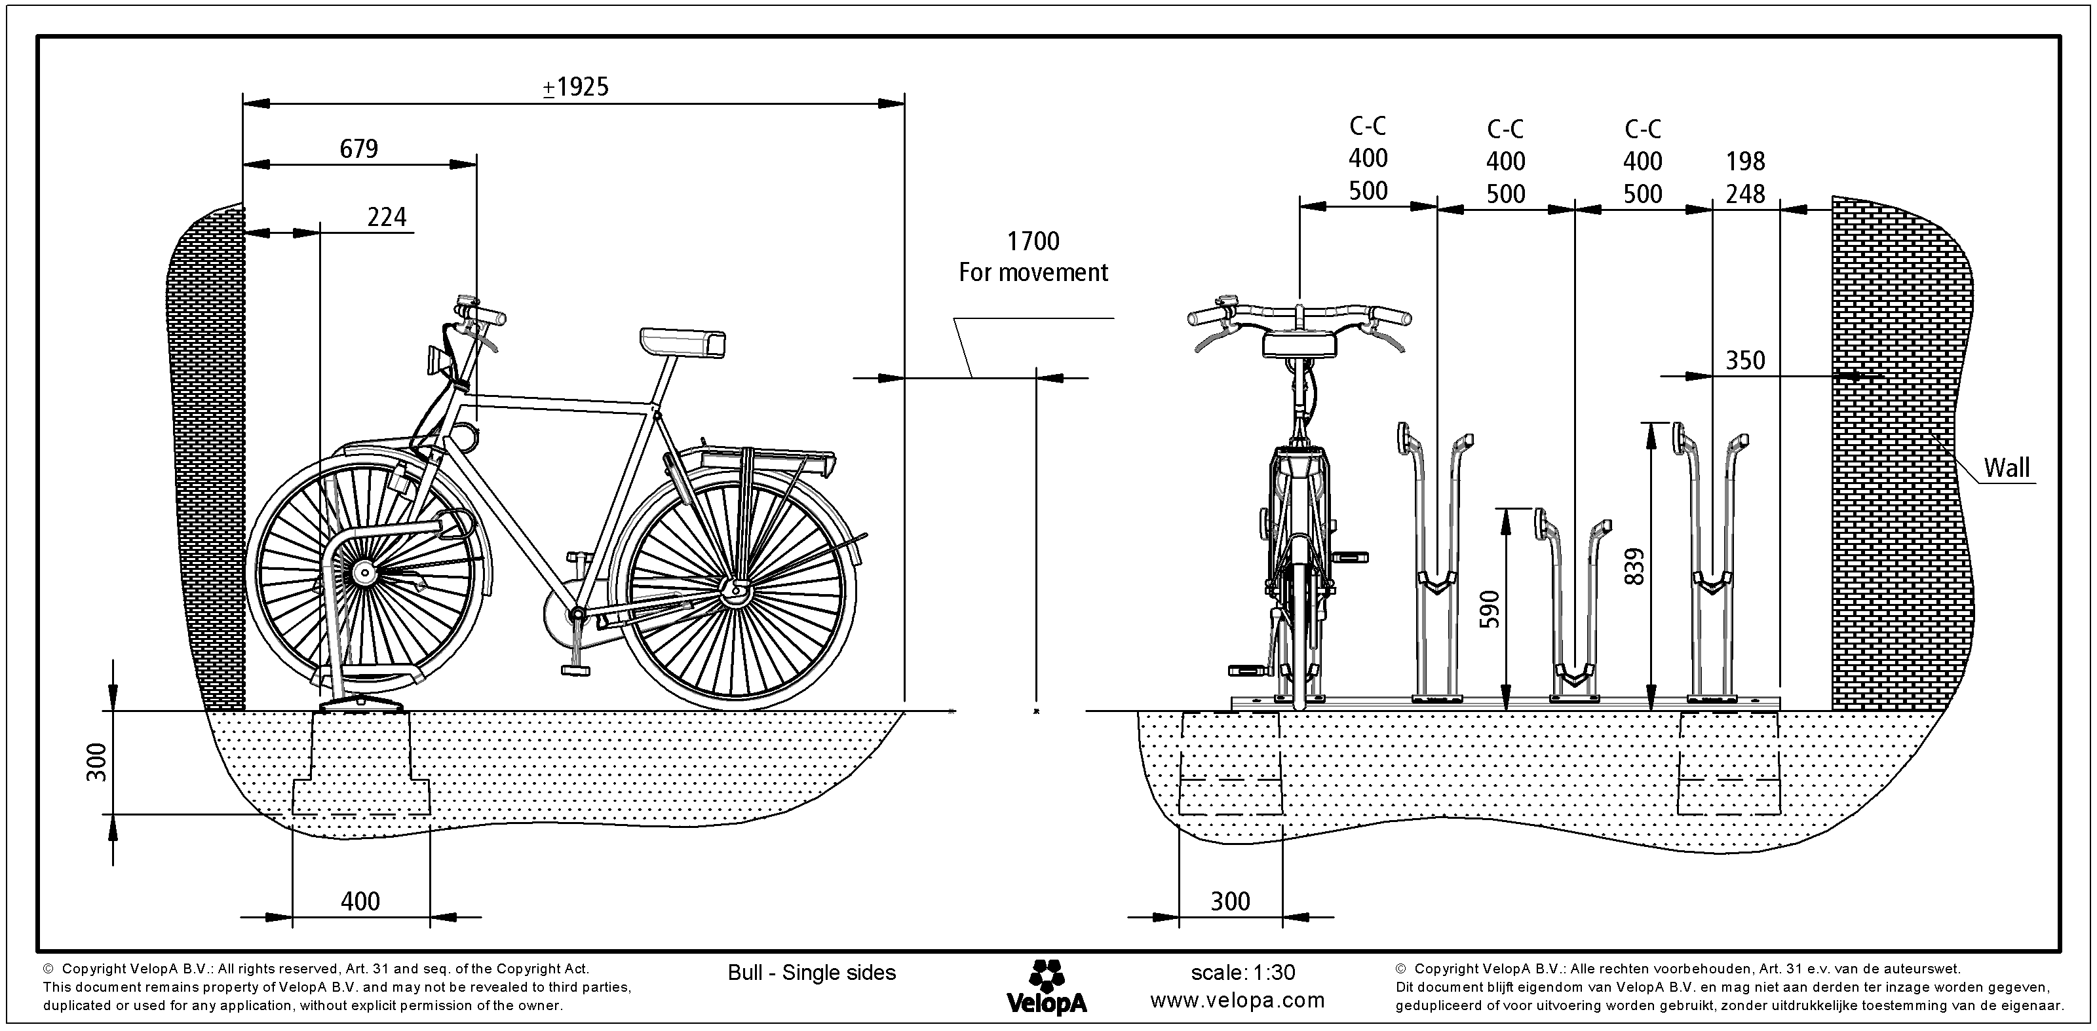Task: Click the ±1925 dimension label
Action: [575, 87]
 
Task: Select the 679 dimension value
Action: [359, 149]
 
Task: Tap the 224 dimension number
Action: [387, 217]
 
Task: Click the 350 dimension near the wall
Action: [1744, 360]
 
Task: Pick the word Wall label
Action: [2006, 468]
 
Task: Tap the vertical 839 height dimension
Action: [1634, 567]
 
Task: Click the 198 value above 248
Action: [1745, 161]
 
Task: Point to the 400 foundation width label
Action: [360, 901]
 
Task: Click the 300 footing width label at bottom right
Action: [1229, 901]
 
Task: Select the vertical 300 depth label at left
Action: [97, 762]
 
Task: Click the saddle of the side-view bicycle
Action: [682, 342]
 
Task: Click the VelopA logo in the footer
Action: [1046, 987]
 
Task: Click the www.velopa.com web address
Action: [1237, 1001]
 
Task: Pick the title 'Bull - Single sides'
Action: [812, 973]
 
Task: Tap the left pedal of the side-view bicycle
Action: [575, 669]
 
